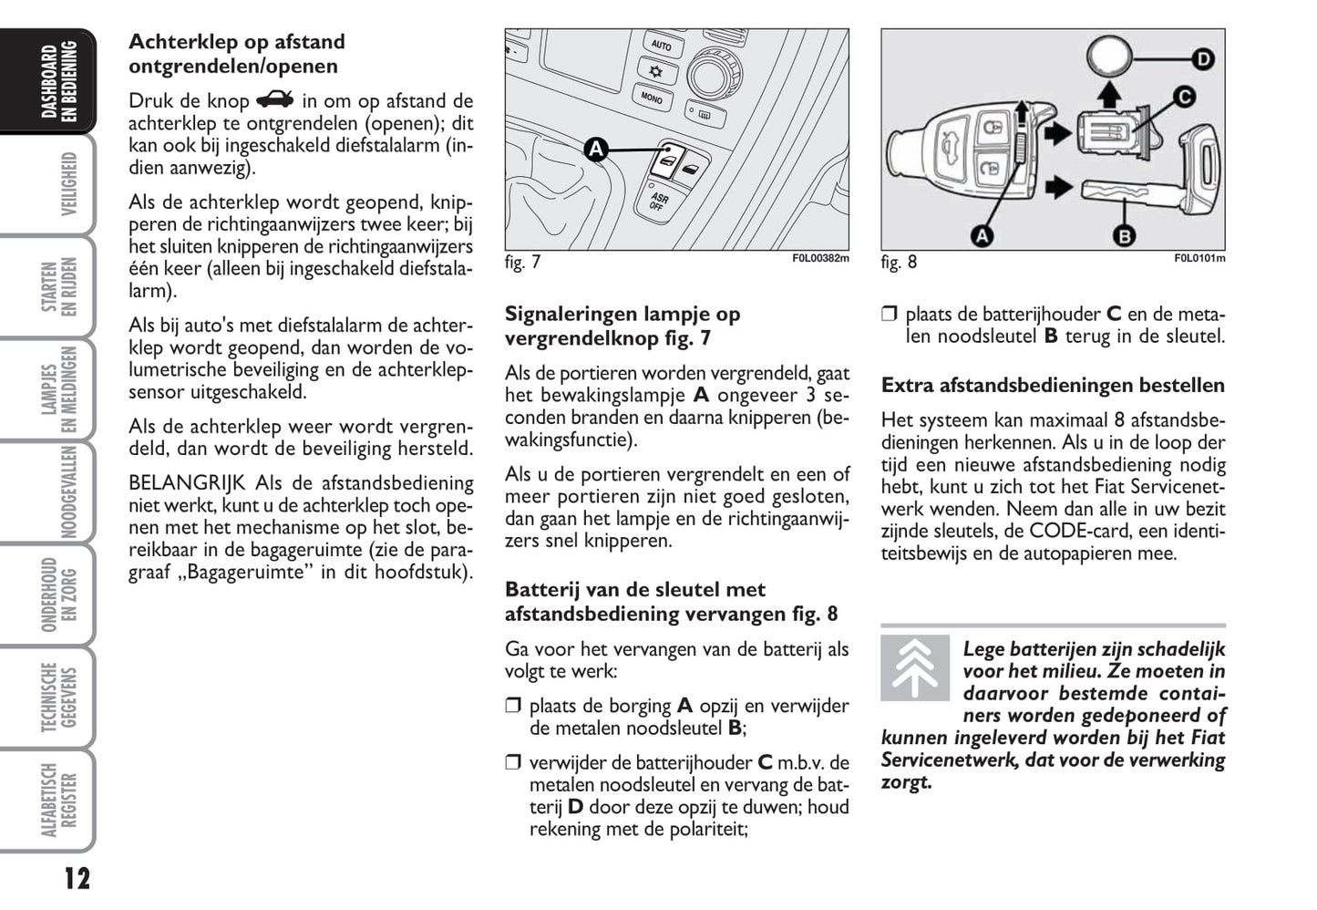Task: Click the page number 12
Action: pyautogui.click(x=77, y=879)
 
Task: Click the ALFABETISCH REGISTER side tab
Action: pyautogui.click(x=58, y=800)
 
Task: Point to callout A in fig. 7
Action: pyautogui.click(x=595, y=150)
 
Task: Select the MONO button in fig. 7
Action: pyautogui.click(x=652, y=97)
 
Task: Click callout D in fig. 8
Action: pyautogui.click(x=1203, y=60)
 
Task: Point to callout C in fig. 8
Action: pyautogui.click(x=1183, y=97)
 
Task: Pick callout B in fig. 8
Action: pyautogui.click(x=1124, y=235)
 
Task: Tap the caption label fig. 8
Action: pyautogui.click(x=899, y=263)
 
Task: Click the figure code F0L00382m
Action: pyautogui.click(x=819, y=258)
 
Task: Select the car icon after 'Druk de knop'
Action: pyautogui.click(x=275, y=100)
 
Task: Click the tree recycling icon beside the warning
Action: pyautogui.click(x=914, y=667)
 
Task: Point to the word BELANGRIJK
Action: pyautogui.click(x=187, y=483)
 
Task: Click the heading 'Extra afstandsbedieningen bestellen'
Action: pyautogui.click(x=1053, y=386)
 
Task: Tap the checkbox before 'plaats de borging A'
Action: pyautogui.click(x=513, y=706)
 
